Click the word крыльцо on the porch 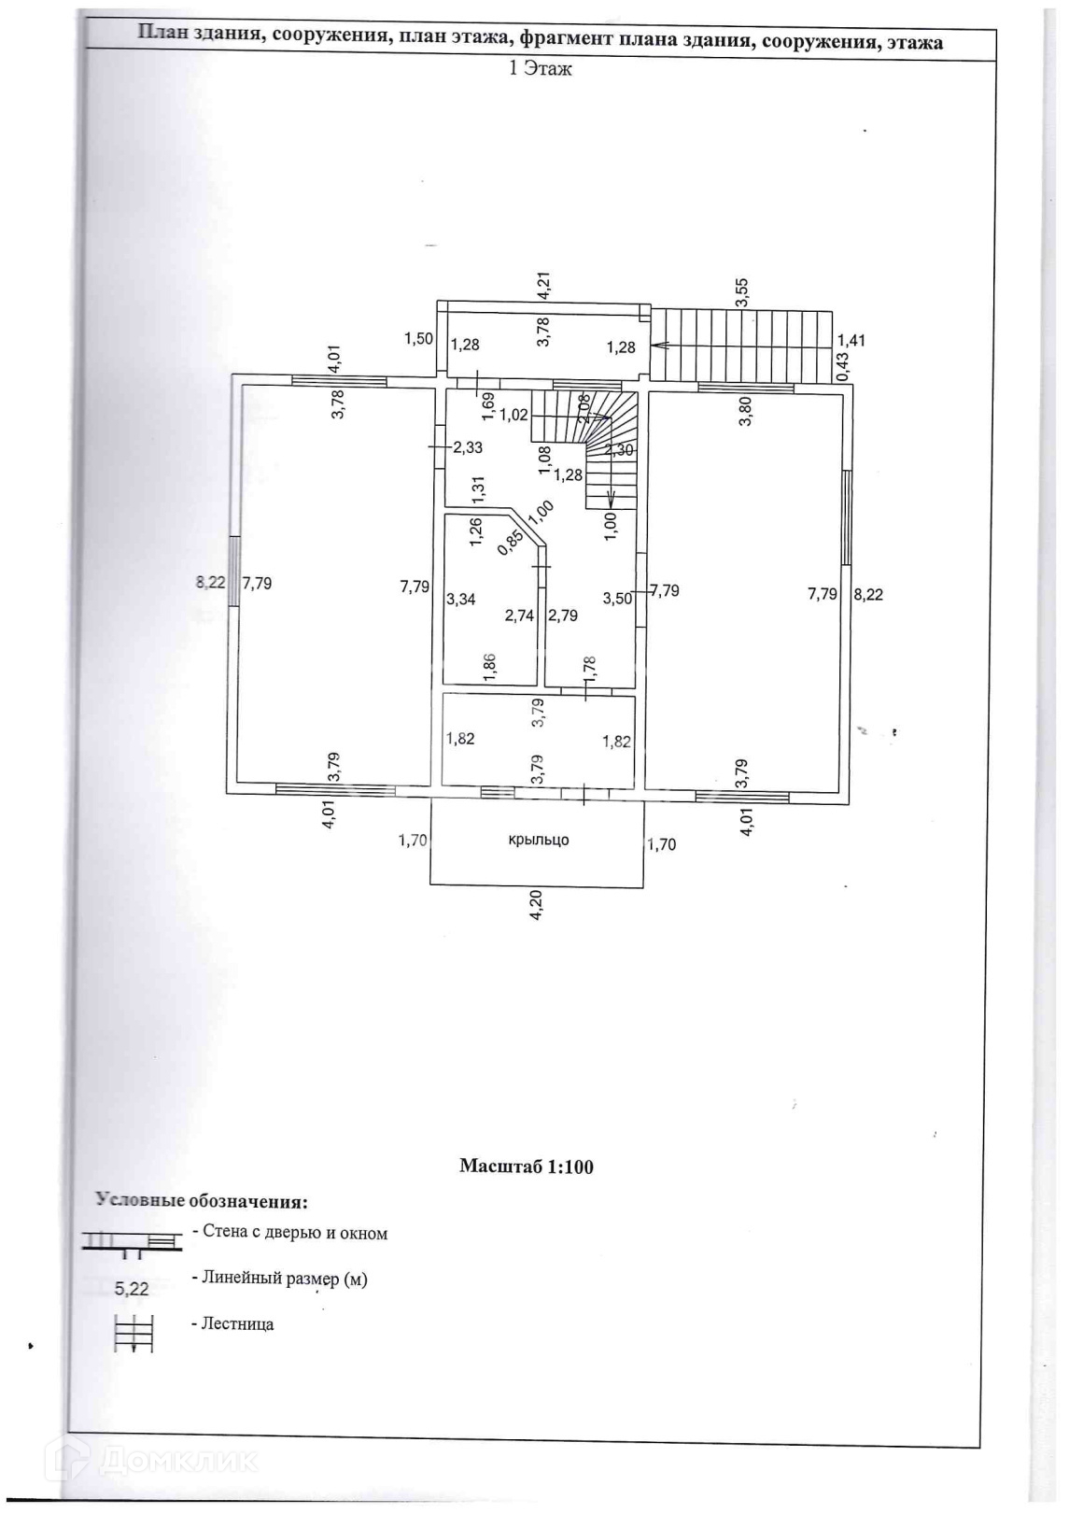(538, 840)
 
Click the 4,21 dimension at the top (544, 284)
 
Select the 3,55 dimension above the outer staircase (742, 292)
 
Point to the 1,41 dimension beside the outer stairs (851, 341)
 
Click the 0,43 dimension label (842, 364)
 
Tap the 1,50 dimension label (418, 338)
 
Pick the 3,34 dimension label (460, 599)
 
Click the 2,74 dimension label (519, 615)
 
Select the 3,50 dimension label (617, 599)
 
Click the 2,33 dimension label (468, 448)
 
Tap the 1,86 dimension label (490, 664)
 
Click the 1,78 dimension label (589, 667)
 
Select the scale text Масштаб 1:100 (527, 1167)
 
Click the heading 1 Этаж (540, 68)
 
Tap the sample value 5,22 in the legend (132, 1290)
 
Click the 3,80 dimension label (745, 412)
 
